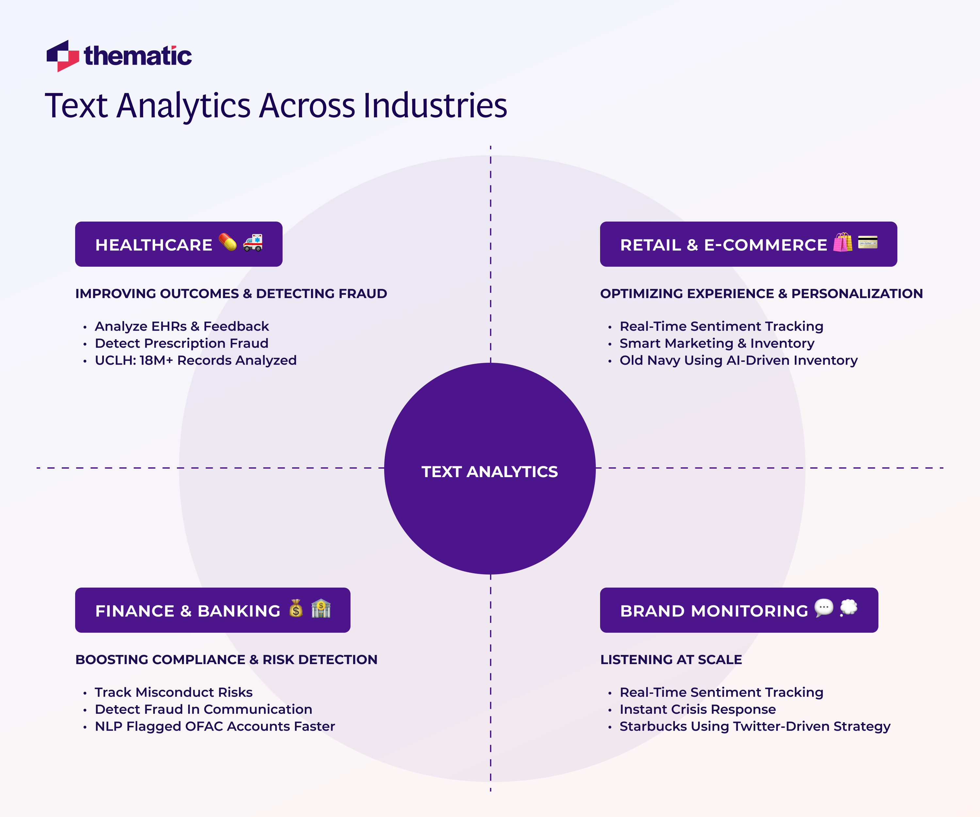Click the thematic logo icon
click(62, 56)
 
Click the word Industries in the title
click(435, 106)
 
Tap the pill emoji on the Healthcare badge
click(228, 242)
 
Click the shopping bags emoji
click(842, 242)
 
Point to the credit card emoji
click(868, 242)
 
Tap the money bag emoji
click(296, 608)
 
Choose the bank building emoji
click(321, 608)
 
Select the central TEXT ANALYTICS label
click(490, 472)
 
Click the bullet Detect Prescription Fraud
click(182, 343)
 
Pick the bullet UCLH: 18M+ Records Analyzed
click(196, 360)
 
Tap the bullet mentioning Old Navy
click(738, 360)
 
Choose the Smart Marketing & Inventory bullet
click(717, 343)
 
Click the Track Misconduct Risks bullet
click(173, 692)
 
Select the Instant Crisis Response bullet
click(698, 709)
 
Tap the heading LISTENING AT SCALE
click(671, 660)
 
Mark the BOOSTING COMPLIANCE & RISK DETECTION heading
click(226, 660)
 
